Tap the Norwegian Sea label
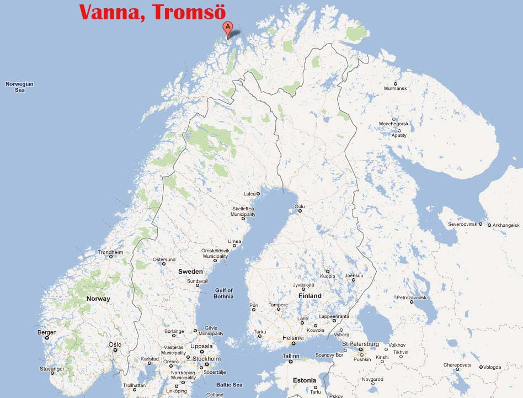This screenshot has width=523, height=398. click(x=20, y=87)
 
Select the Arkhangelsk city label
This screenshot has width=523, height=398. click(x=506, y=225)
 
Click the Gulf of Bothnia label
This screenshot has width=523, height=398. click(x=224, y=293)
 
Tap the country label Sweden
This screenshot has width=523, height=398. click(x=190, y=272)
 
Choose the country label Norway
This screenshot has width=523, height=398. click(x=98, y=299)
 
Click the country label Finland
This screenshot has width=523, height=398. click(x=309, y=296)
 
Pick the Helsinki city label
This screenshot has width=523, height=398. click(x=293, y=338)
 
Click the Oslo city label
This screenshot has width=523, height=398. click(x=115, y=344)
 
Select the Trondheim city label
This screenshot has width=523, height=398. click(x=110, y=252)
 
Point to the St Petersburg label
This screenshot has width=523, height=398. click(x=360, y=344)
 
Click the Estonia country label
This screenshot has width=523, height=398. click(x=305, y=380)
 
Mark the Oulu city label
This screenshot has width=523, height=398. click(x=300, y=206)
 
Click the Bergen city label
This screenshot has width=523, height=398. click(x=47, y=332)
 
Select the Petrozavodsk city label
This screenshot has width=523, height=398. click(x=412, y=298)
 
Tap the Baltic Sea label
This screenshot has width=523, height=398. click(x=229, y=385)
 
